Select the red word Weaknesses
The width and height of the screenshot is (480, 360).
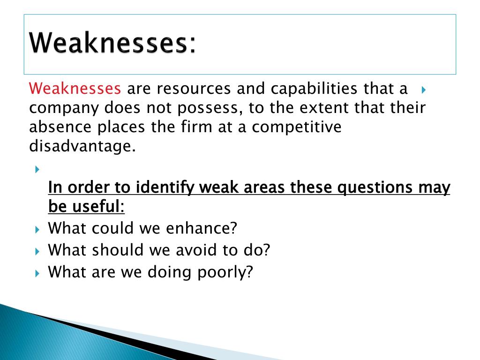tap(75, 88)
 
